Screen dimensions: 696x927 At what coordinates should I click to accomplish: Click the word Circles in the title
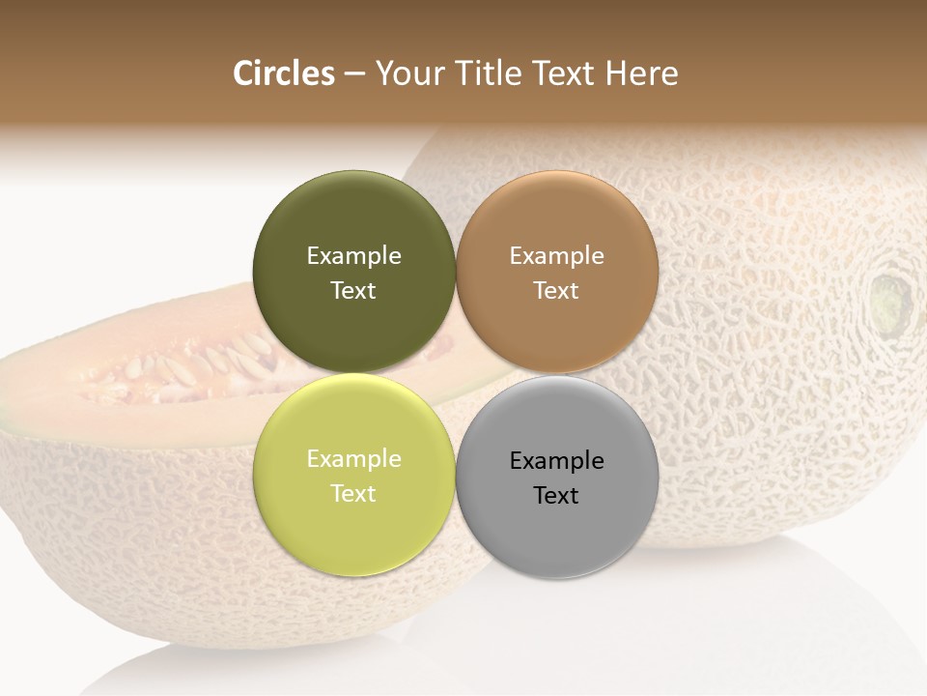(x=284, y=73)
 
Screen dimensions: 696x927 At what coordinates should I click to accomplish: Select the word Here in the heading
(x=641, y=73)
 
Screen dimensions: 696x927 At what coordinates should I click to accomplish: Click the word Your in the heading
(x=407, y=73)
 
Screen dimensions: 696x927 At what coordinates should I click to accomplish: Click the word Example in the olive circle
(x=353, y=256)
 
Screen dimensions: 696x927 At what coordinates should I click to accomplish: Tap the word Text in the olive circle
(x=353, y=291)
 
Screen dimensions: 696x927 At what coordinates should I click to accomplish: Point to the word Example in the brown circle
(x=557, y=256)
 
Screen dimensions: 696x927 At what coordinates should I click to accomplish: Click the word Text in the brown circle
(x=557, y=291)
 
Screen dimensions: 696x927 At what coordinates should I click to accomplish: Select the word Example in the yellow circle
(x=353, y=459)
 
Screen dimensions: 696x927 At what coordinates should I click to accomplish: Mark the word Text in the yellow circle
(x=353, y=494)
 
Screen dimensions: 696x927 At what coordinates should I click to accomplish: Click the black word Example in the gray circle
(x=557, y=461)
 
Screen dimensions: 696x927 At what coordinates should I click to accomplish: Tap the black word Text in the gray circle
(x=557, y=496)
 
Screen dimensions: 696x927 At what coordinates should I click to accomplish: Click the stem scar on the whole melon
(x=890, y=300)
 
